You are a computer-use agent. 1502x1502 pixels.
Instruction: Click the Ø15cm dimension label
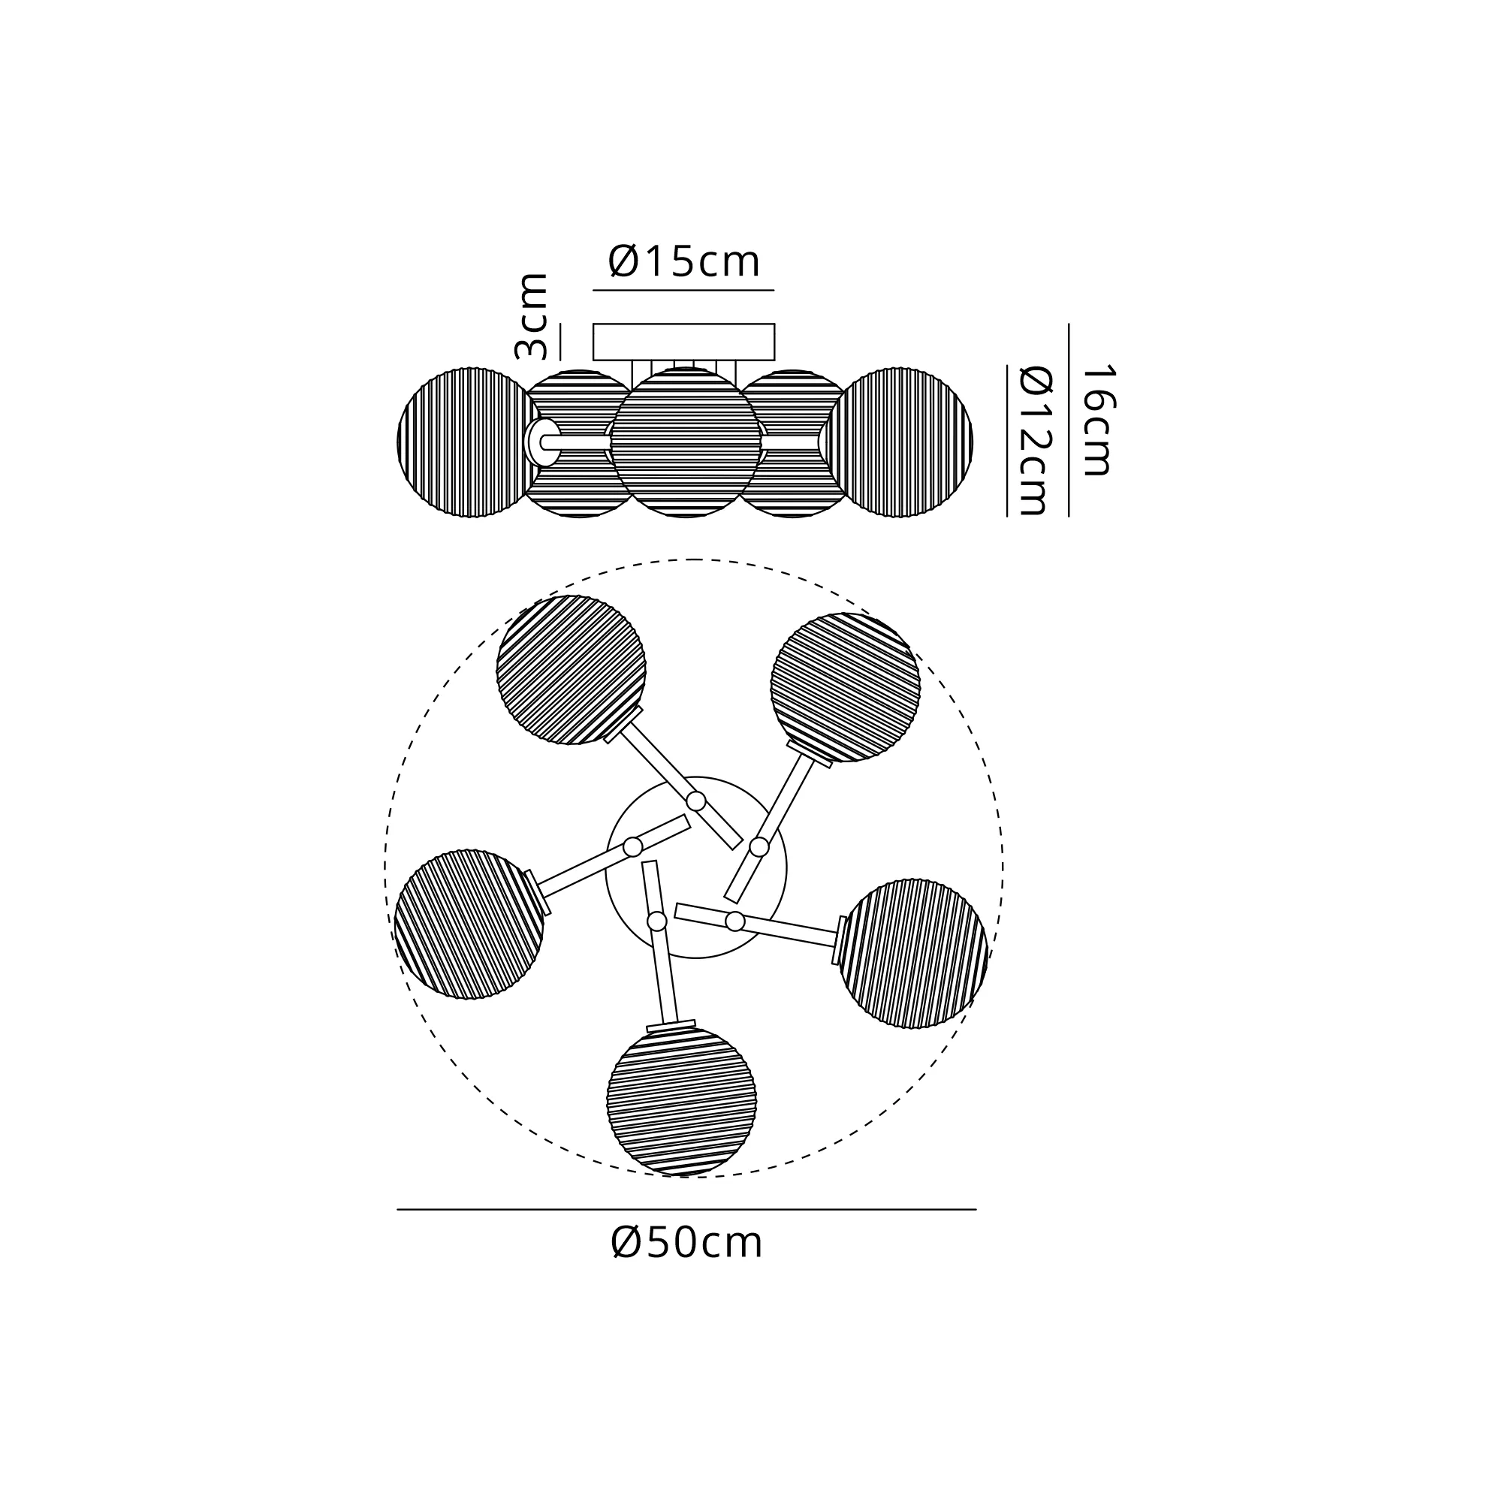click(684, 261)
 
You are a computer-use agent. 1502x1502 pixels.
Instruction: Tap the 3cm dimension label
click(532, 316)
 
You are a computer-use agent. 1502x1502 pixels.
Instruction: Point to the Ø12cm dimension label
click(1035, 441)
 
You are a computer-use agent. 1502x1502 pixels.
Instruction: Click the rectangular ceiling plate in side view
click(684, 342)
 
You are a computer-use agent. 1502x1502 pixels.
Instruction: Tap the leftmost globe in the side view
click(469, 442)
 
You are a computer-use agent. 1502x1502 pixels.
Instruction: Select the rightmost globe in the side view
click(900, 442)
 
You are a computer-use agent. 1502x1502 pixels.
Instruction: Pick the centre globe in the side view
click(685, 442)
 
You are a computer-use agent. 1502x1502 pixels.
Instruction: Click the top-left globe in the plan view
click(572, 669)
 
